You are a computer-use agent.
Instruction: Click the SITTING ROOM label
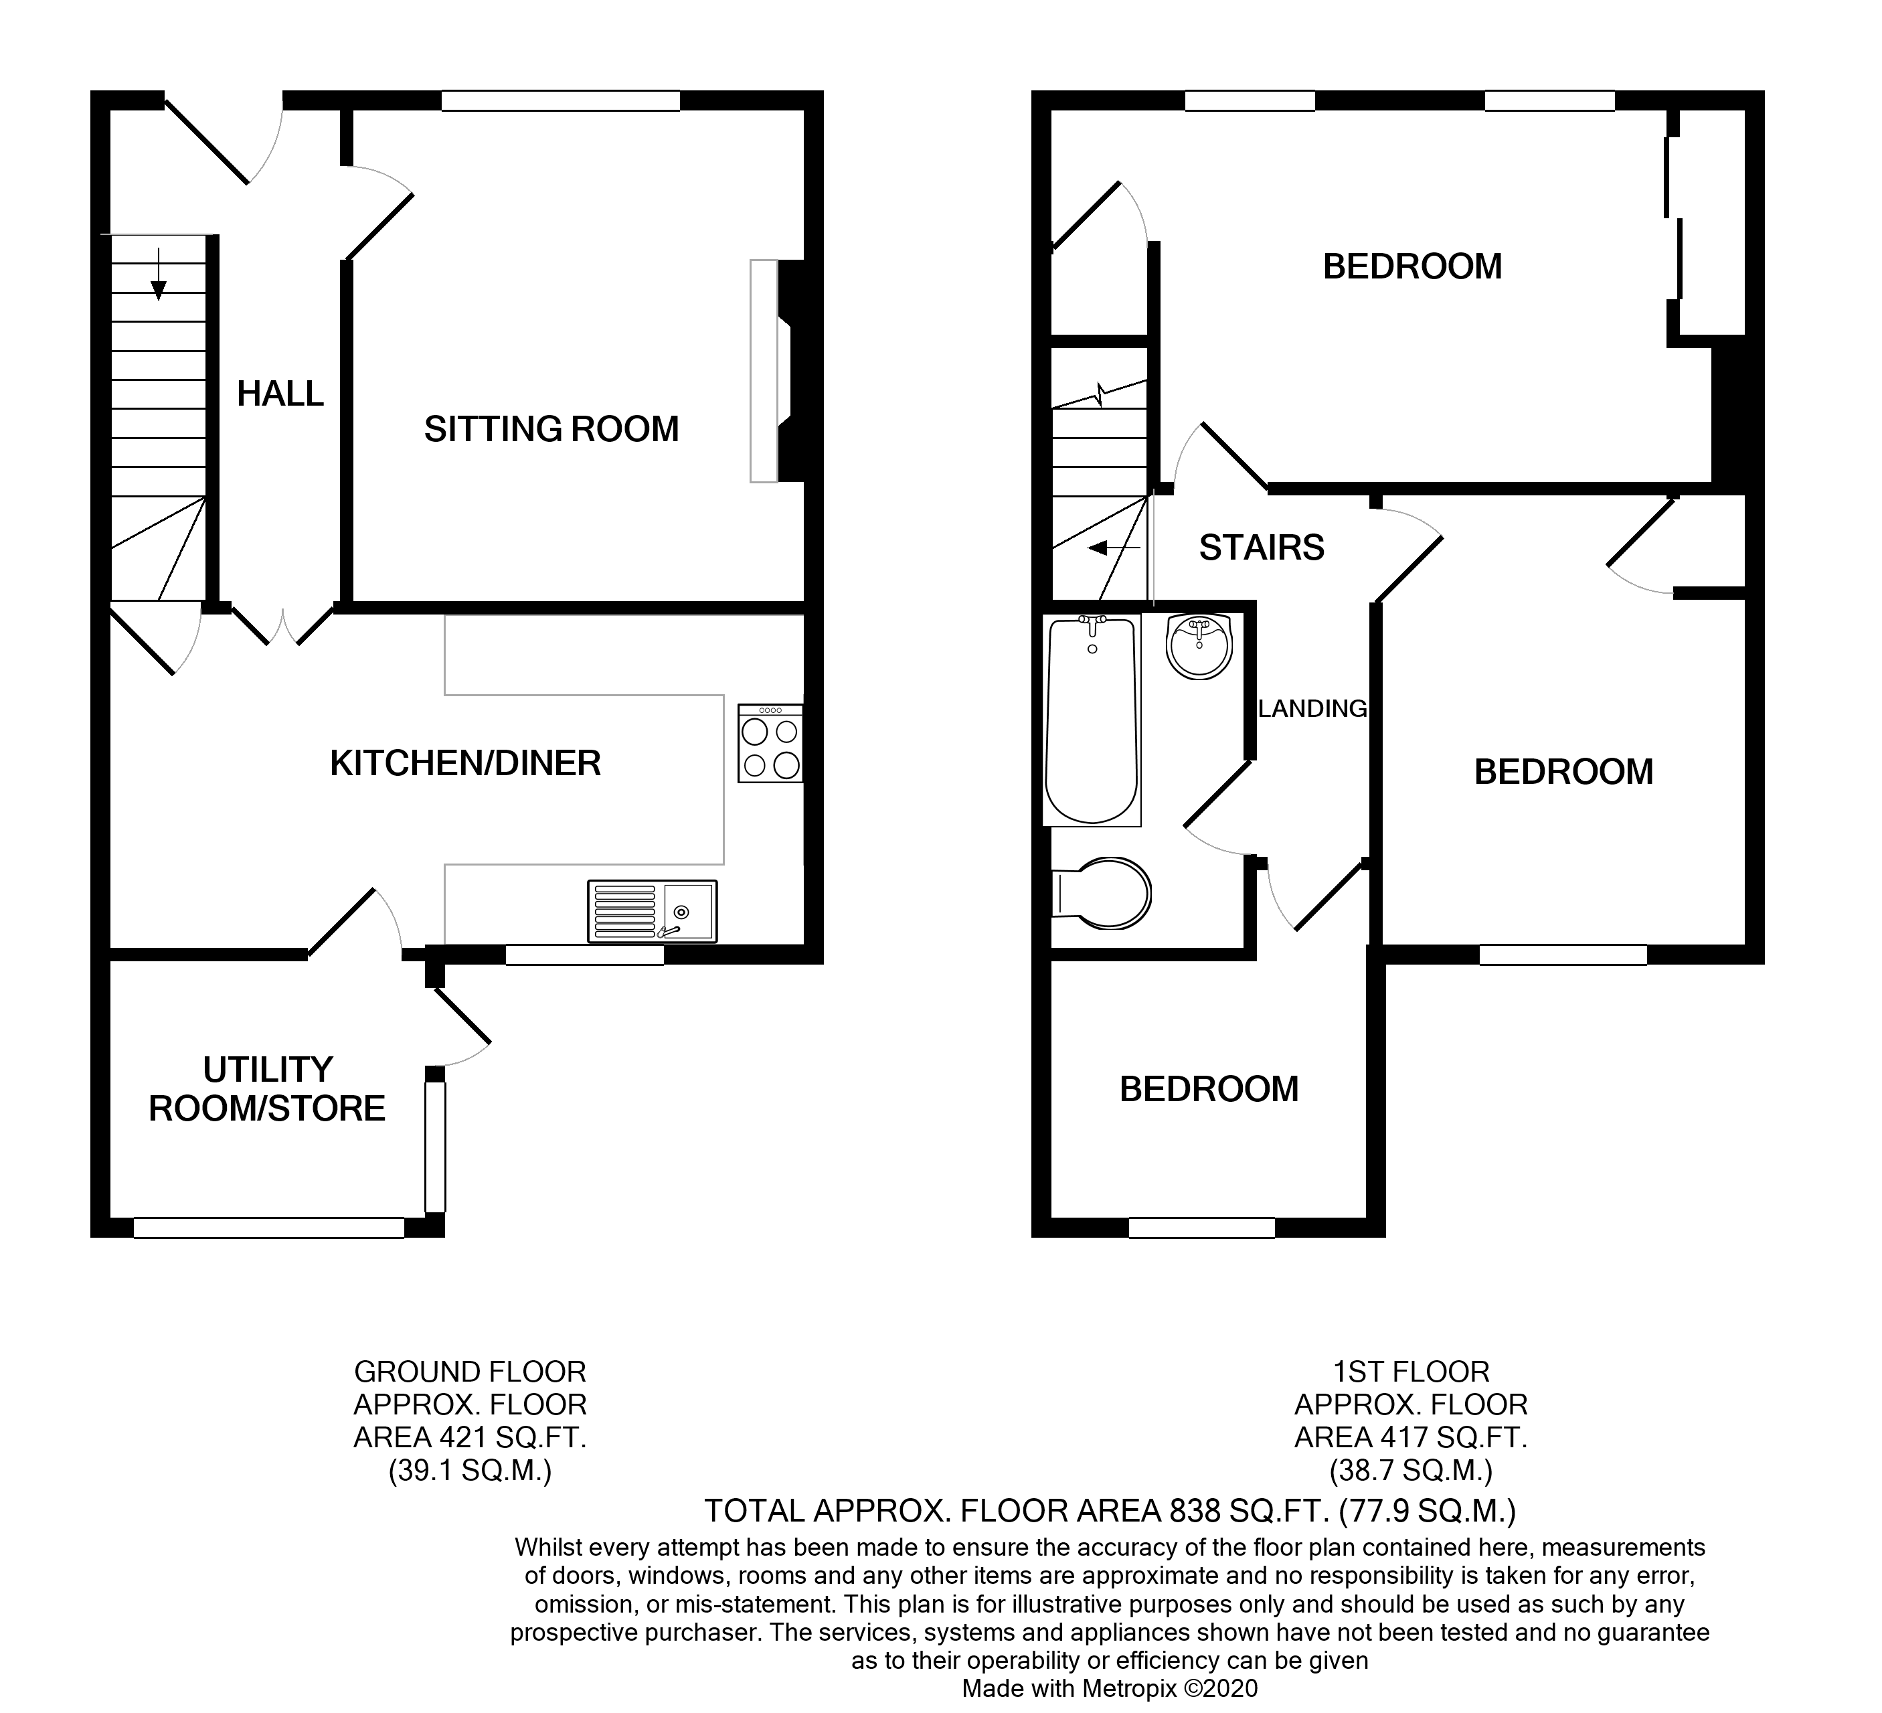tap(551, 429)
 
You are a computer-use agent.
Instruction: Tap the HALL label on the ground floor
tap(280, 394)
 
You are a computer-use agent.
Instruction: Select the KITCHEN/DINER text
tap(465, 764)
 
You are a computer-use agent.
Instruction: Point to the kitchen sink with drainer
tap(652, 911)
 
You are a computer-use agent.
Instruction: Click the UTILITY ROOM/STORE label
tap(267, 1089)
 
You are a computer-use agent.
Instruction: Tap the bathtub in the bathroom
tap(1092, 721)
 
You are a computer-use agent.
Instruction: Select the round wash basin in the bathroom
tap(1199, 646)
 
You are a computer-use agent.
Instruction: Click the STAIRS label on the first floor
tap(1261, 548)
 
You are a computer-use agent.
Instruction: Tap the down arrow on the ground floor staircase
tap(159, 275)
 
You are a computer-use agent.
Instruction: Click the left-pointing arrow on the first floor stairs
tap(1111, 548)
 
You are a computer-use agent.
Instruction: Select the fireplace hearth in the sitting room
tap(764, 371)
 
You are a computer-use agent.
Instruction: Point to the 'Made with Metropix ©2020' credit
tap(1109, 1688)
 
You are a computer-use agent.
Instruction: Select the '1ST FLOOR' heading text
tap(1411, 1372)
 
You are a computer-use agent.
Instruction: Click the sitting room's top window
tap(560, 100)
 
